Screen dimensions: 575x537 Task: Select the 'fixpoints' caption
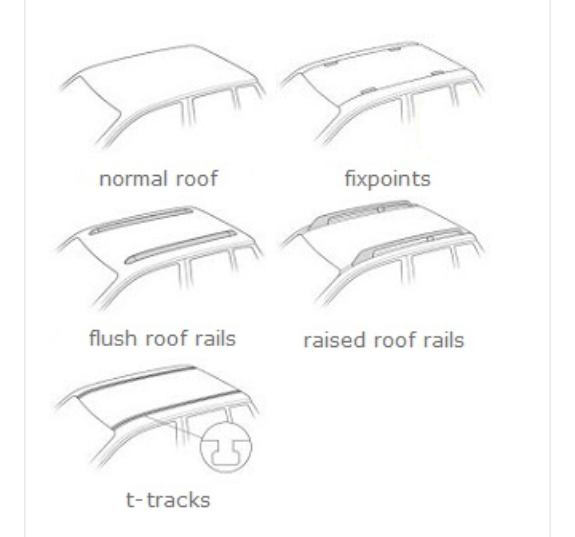(388, 180)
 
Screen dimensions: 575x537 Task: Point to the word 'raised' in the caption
(334, 340)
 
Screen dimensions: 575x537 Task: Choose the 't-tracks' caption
(168, 500)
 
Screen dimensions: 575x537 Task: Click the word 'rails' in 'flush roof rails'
(215, 338)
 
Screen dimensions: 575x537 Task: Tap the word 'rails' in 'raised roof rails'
(443, 340)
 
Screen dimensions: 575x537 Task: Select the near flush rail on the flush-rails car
(180, 247)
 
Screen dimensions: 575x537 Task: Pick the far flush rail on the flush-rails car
(141, 221)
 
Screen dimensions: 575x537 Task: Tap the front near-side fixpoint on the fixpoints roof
(368, 91)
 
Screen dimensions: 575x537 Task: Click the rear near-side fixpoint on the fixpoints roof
(437, 74)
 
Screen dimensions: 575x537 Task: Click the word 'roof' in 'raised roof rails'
(394, 340)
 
